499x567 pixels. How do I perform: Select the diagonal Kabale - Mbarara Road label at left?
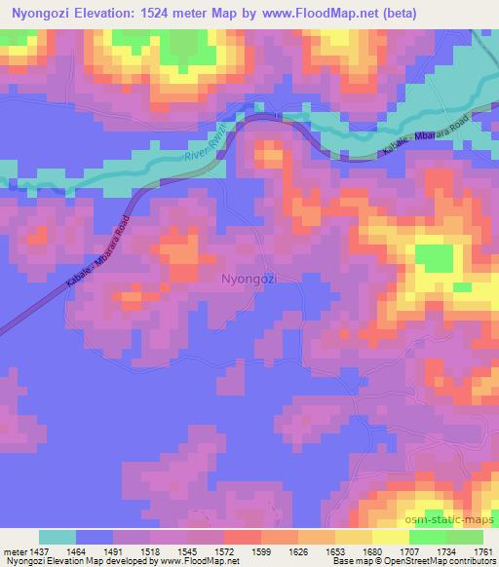pyautogui.click(x=96, y=251)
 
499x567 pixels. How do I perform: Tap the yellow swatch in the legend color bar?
pyautogui.click(x=388, y=537)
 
